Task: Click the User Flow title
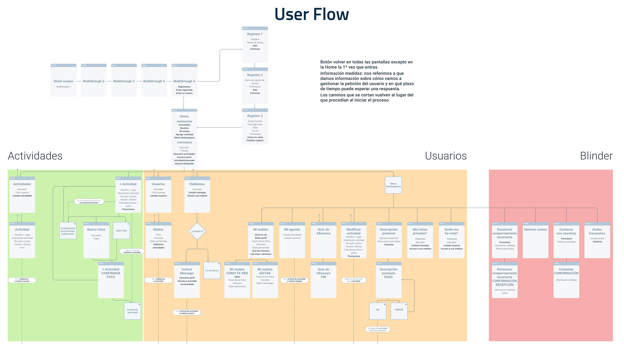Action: pyautogui.click(x=311, y=14)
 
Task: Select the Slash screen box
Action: pyautogui.click(x=63, y=81)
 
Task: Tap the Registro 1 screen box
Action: pyautogui.click(x=255, y=44)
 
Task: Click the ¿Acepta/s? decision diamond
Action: pyautogui.click(x=197, y=231)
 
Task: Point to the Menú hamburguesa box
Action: pyautogui.click(x=393, y=185)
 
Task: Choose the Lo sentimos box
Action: pyautogui.click(x=212, y=270)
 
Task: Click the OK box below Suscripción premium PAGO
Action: pyautogui.click(x=378, y=311)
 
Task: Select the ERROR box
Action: pyautogui.click(x=399, y=311)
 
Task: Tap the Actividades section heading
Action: pyautogui.click(x=35, y=156)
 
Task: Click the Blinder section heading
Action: pyautogui.click(x=596, y=156)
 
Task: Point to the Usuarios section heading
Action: pyautogui.click(x=446, y=156)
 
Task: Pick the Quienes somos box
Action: pyautogui.click(x=535, y=240)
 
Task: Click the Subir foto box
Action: pyautogui.click(x=121, y=231)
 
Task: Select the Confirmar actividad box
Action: pyautogui.click(x=132, y=311)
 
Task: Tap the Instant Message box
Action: pyautogui.click(x=187, y=280)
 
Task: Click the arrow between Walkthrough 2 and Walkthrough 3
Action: pyautogui.click(x=109, y=81)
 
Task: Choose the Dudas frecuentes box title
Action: pyautogui.click(x=597, y=231)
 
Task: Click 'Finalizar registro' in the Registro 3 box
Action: pyautogui.click(x=255, y=141)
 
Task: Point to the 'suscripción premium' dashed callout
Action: pyautogui.click(x=89, y=202)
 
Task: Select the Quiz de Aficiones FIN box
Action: pyautogui.click(x=323, y=280)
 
